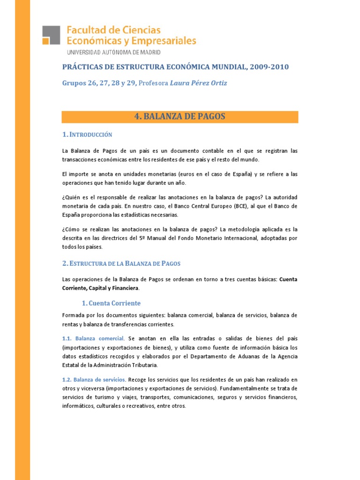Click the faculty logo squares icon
click(x=52, y=35)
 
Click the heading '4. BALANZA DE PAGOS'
click(x=180, y=117)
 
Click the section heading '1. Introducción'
click(x=87, y=135)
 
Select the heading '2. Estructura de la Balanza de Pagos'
click(x=121, y=264)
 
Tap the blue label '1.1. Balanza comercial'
click(x=93, y=338)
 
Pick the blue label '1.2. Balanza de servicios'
click(x=94, y=379)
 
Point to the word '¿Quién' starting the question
click(x=72, y=197)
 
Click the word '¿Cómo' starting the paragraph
click(x=72, y=229)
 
